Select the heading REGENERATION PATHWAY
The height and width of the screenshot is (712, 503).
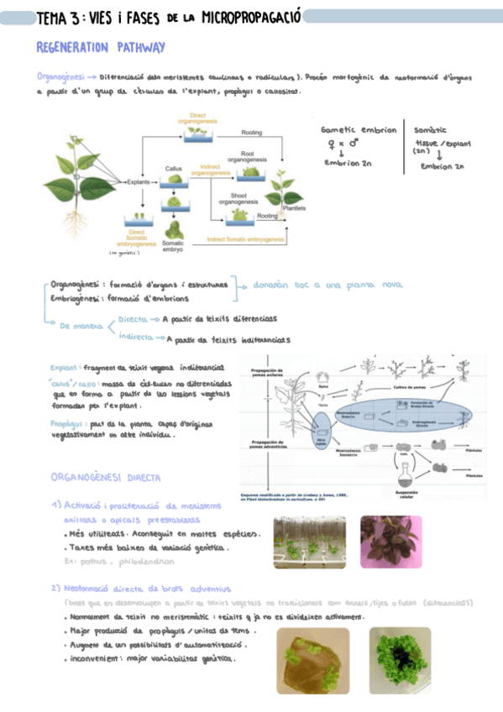[x=101, y=48]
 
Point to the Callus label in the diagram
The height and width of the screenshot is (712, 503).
[x=174, y=168]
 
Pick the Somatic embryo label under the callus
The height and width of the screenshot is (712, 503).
[x=174, y=245]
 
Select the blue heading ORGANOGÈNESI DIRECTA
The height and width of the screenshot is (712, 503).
[x=106, y=477]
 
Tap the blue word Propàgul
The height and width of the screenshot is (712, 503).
[x=64, y=424]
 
